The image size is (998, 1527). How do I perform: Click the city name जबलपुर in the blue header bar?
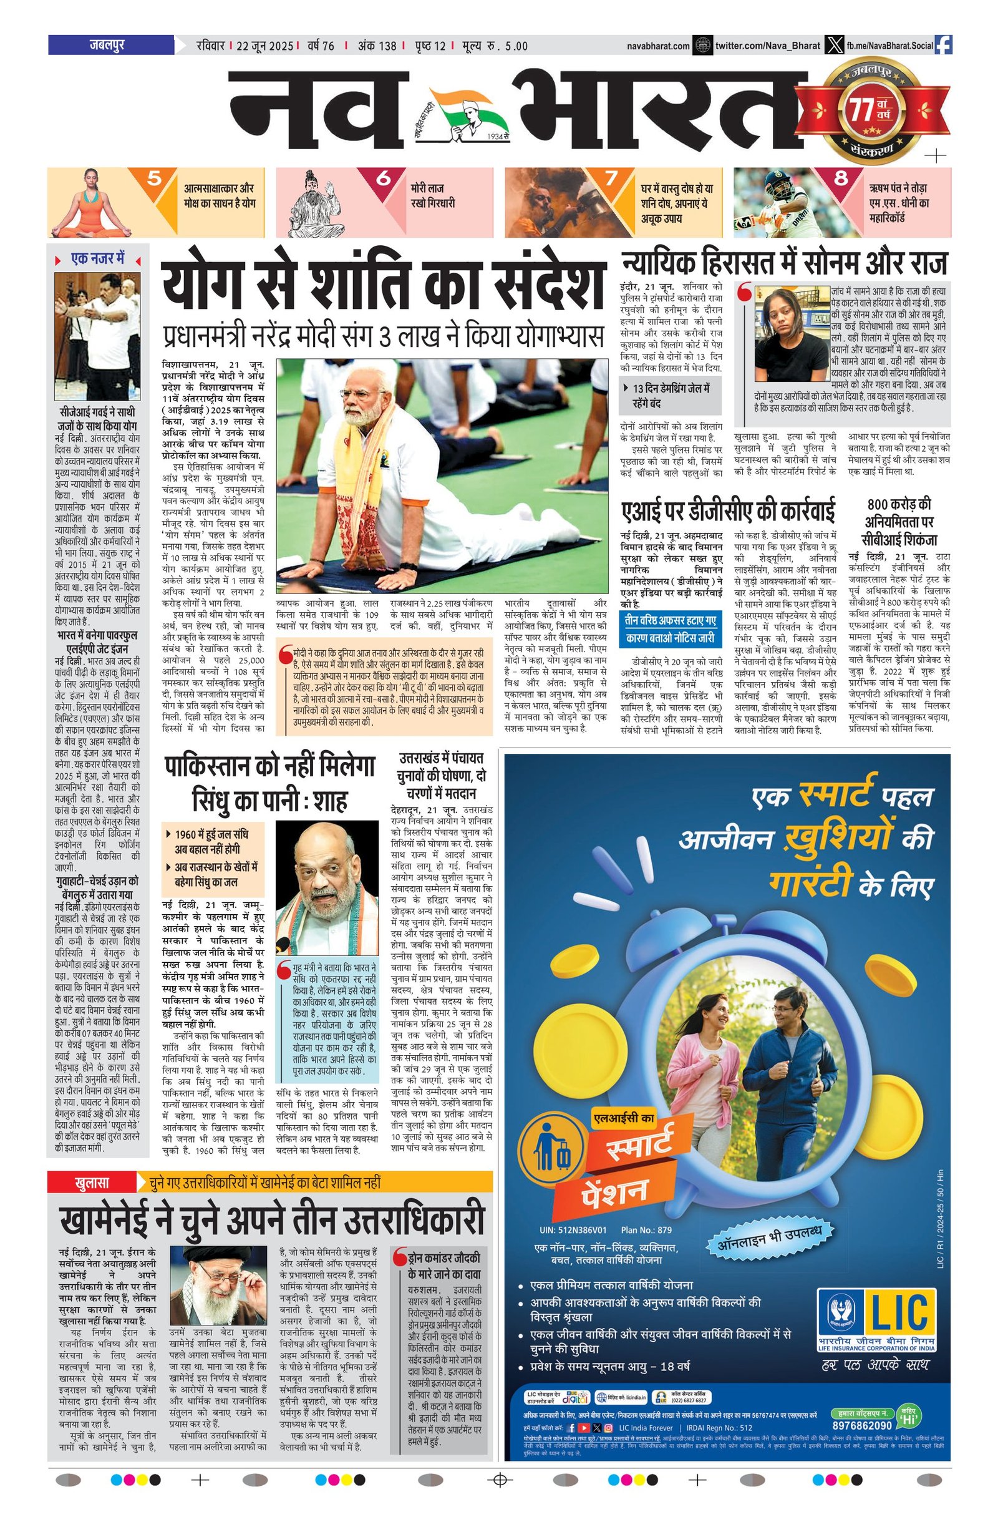pyautogui.click(x=107, y=46)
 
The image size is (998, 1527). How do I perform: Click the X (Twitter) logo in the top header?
pyautogui.click(x=833, y=46)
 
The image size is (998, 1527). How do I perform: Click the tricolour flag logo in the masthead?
pyautogui.click(x=467, y=111)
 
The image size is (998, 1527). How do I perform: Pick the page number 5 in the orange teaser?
pyautogui.click(x=154, y=178)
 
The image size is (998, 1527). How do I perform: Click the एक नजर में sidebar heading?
pyautogui.click(x=97, y=259)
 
